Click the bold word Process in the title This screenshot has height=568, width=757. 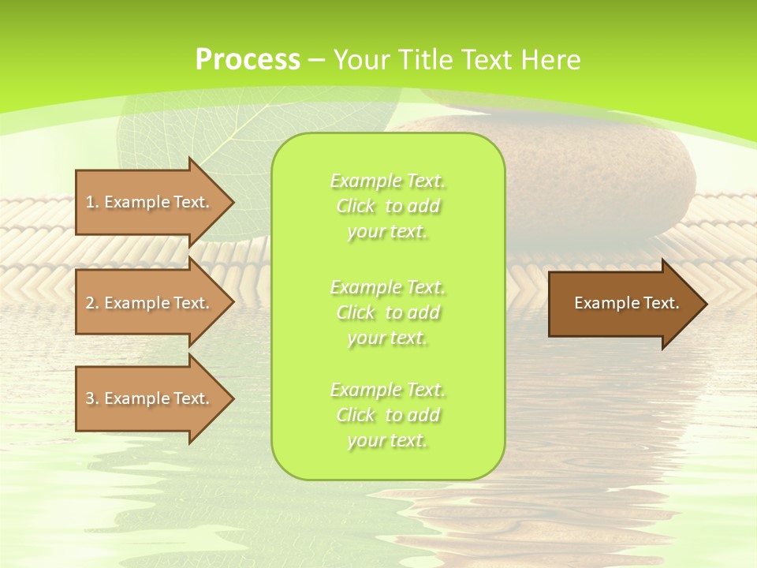pyautogui.click(x=247, y=59)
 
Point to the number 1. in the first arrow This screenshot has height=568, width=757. pyautogui.click(x=92, y=202)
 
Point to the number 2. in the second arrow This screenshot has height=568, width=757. pyautogui.click(x=92, y=303)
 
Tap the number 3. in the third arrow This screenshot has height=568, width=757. pyautogui.click(x=92, y=398)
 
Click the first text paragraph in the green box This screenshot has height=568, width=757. pyautogui.click(x=388, y=206)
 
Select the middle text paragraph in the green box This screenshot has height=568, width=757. pyautogui.click(x=388, y=312)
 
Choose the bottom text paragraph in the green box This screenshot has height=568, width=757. pyautogui.click(x=388, y=415)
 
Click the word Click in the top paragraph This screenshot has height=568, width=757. pyautogui.click(x=355, y=207)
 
